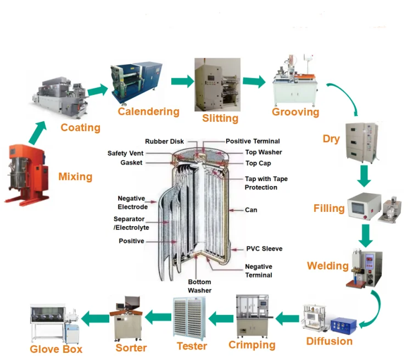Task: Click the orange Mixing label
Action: click(75, 177)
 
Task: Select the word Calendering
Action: click(149, 111)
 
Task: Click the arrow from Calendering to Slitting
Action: click(182, 81)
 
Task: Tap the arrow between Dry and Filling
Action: click(364, 176)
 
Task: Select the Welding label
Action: click(328, 266)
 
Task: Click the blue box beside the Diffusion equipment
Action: click(343, 325)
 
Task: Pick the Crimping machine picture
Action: click(253, 316)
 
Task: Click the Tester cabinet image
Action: click(189, 318)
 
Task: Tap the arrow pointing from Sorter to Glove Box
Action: click(95, 319)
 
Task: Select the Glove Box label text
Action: click(56, 349)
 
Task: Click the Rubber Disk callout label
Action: click(164, 142)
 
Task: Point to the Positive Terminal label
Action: click(253, 141)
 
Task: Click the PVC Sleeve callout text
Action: click(264, 249)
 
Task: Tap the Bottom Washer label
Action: click(199, 286)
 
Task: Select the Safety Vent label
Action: click(125, 153)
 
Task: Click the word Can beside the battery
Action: click(251, 210)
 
